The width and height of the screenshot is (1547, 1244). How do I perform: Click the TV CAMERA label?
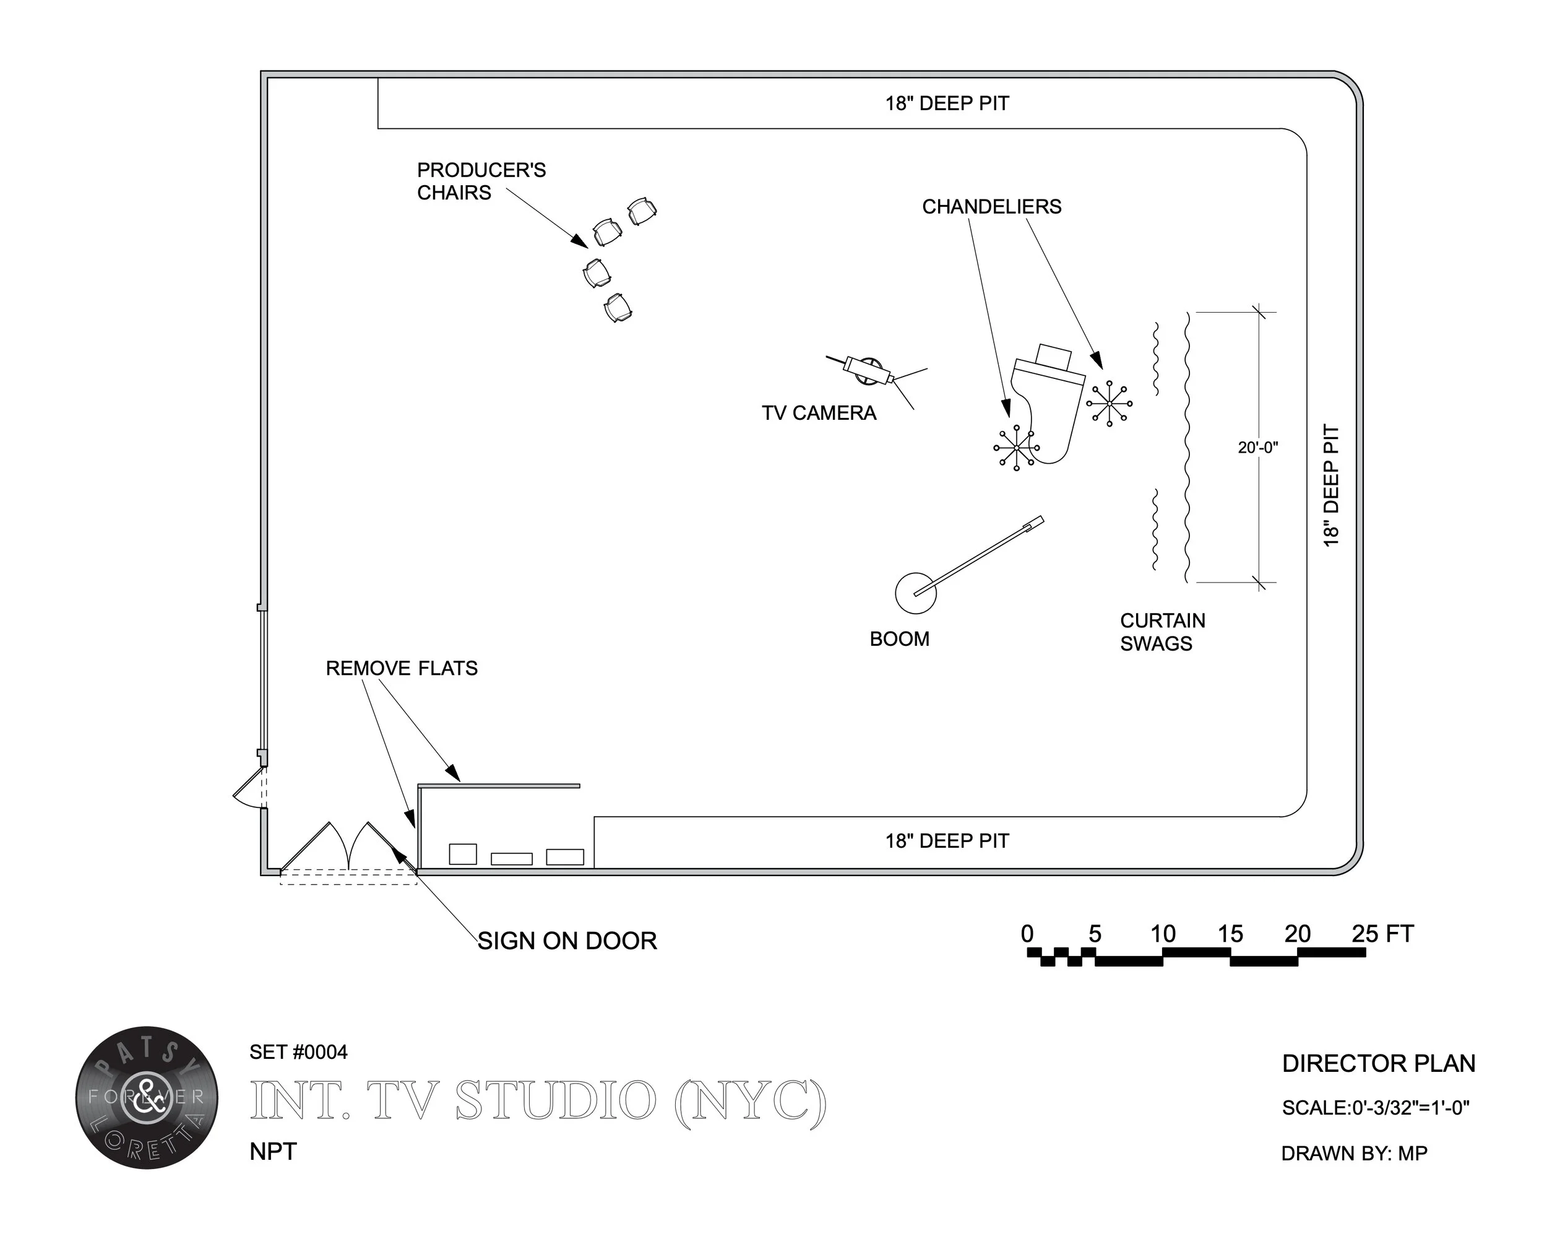[x=819, y=414]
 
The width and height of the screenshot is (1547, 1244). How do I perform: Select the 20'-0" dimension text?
[x=1257, y=448]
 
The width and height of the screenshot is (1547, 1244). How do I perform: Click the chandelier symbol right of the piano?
[x=1110, y=404]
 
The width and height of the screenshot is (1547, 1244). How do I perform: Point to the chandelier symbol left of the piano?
[x=1016, y=448]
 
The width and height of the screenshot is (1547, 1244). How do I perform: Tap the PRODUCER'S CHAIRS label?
[x=481, y=181]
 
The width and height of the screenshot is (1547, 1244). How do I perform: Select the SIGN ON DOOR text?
[x=567, y=941]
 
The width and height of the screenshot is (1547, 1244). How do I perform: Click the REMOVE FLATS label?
[x=401, y=669]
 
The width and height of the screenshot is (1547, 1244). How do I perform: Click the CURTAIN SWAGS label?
[x=1161, y=632]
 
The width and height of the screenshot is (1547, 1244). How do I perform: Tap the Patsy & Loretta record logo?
[x=147, y=1098]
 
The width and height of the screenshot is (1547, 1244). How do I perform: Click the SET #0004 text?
[x=298, y=1052]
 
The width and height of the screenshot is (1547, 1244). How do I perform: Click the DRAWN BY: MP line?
[x=1354, y=1154]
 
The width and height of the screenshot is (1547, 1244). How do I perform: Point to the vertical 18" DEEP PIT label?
[x=1331, y=486]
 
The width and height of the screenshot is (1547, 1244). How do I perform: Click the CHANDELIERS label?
[x=991, y=207]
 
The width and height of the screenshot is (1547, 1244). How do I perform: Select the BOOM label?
[x=899, y=640]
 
